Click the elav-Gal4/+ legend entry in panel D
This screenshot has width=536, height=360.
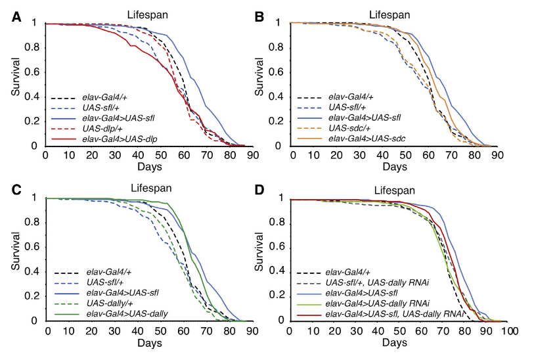[x=355, y=271]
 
